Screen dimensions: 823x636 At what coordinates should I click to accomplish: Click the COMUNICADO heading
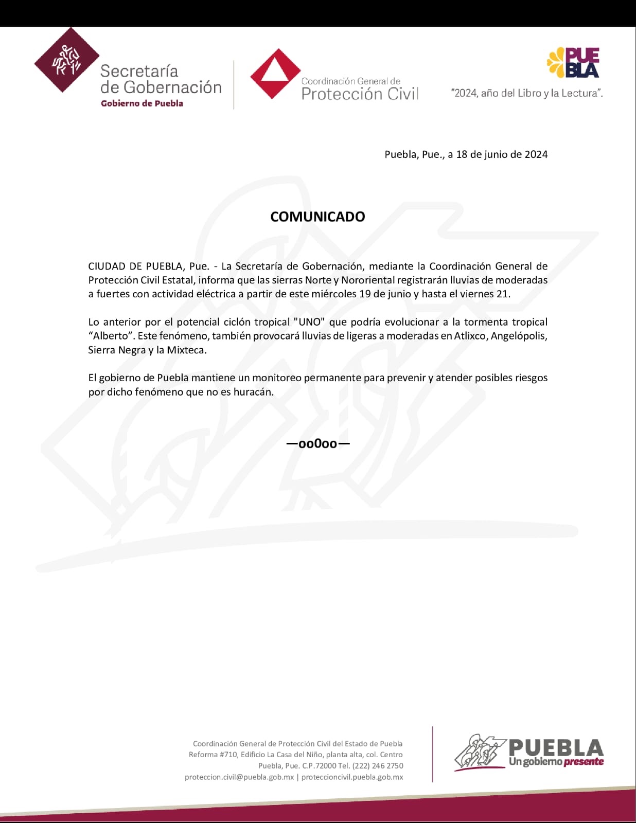pyautogui.click(x=317, y=217)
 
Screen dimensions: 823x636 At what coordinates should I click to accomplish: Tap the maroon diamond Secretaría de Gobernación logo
pyautogui.click(x=66, y=60)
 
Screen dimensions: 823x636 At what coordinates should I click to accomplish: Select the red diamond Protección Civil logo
pyautogui.click(x=275, y=74)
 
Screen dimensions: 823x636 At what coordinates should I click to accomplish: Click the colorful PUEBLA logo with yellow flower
pyautogui.click(x=574, y=63)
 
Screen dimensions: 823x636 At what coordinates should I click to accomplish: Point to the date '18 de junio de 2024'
pyautogui.click(x=502, y=154)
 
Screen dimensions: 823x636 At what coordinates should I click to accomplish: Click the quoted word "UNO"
pyautogui.click(x=309, y=322)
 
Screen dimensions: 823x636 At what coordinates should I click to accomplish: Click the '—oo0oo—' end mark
pyautogui.click(x=317, y=443)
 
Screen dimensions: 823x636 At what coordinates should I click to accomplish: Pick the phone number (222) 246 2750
pyautogui.click(x=378, y=766)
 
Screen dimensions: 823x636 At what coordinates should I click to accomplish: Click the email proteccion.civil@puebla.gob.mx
pyautogui.click(x=239, y=777)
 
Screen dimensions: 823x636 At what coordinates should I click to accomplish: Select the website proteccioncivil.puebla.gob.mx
pyautogui.click(x=352, y=777)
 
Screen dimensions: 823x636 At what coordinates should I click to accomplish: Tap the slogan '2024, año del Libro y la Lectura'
pyautogui.click(x=526, y=93)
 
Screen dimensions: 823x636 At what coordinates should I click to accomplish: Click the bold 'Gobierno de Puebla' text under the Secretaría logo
pyautogui.click(x=142, y=103)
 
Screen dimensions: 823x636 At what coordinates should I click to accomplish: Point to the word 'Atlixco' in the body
pyautogui.click(x=470, y=336)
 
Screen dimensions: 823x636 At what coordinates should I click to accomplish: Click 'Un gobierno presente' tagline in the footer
pyautogui.click(x=556, y=762)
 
